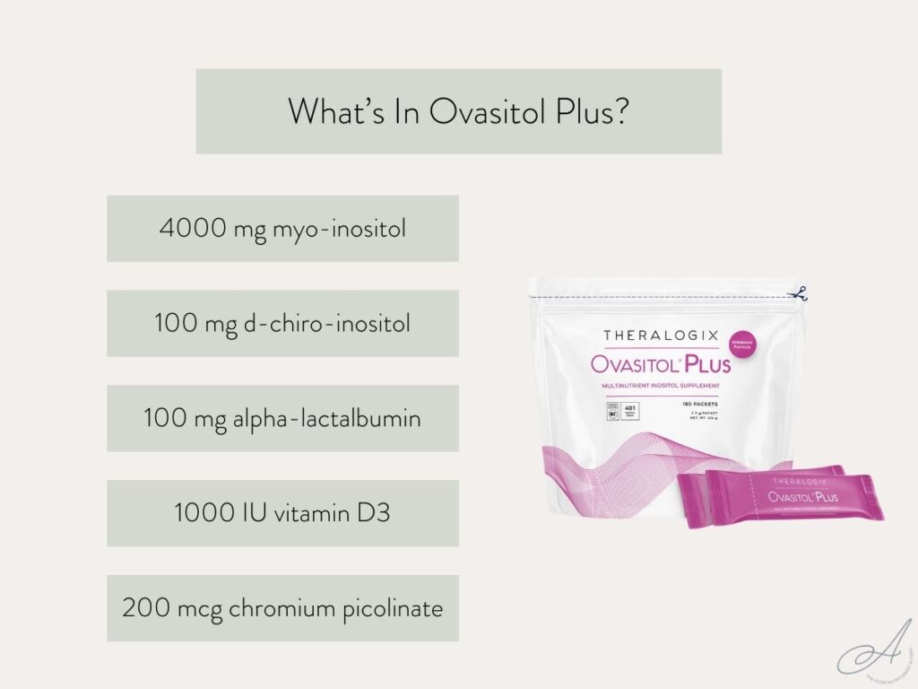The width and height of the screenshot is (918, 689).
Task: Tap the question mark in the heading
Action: (618, 112)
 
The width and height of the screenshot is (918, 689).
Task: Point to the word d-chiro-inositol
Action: (328, 323)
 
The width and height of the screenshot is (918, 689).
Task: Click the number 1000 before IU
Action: (203, 513)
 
